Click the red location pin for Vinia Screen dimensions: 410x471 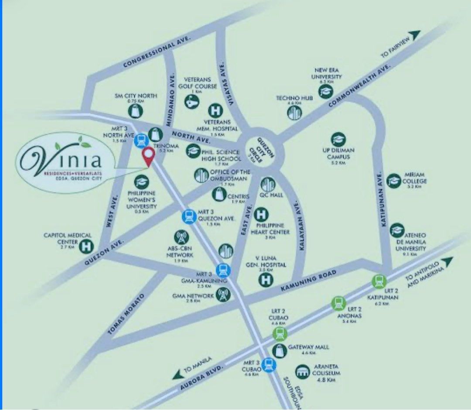(149, 156)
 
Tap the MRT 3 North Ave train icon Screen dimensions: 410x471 (141, 140)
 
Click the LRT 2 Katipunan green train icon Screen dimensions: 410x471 (379, 282)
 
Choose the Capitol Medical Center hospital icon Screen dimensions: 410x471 (87, 246)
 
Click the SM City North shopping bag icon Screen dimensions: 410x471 (136, 111)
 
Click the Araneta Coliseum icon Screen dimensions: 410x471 (301, 372)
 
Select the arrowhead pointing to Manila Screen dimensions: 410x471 (177, 376)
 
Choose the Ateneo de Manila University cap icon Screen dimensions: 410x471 (396, 230)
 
